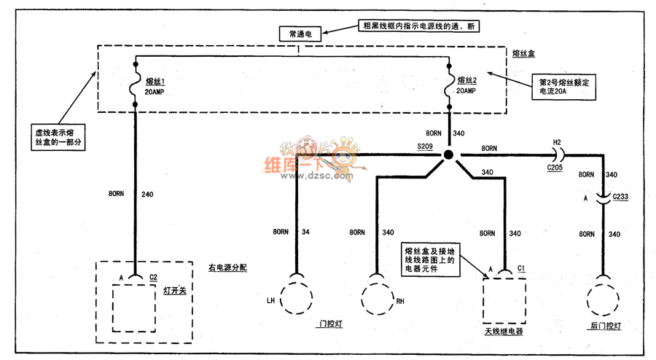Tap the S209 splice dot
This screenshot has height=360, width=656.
(x=448, y=155)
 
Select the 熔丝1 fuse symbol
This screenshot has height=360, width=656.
(x=136, y=87)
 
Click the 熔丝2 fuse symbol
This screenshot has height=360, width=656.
(x=449, y=87)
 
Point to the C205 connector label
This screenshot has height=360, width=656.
(x=555, y=167)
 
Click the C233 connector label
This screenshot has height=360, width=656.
(x=620, y=196)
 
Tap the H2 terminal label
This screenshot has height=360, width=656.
(x=557, y=143)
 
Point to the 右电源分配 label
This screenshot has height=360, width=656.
(x=227, y=267)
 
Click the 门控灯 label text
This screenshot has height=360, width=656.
(x=330, y=324)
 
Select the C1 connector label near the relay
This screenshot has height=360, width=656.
(x=521, y=269)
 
